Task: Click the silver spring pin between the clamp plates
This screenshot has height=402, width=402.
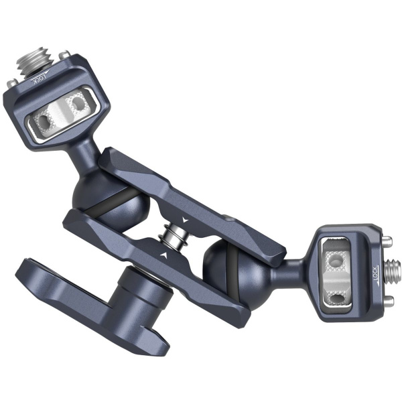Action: point(176,237)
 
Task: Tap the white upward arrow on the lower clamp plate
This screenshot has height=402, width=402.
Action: point(163,257)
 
